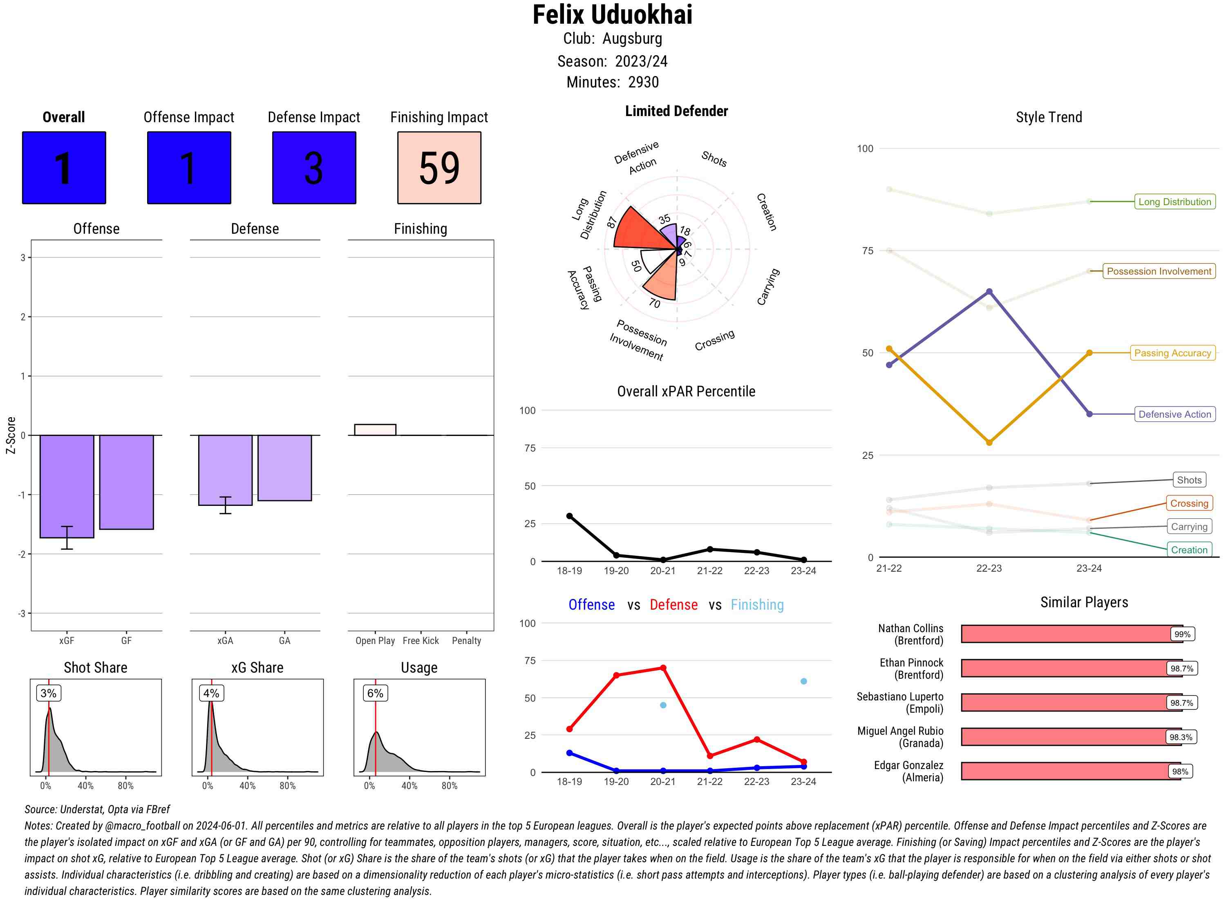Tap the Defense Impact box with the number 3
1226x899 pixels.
point(314,168)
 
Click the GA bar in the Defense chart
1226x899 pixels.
point(284,467)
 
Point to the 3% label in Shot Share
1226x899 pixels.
point(49,693)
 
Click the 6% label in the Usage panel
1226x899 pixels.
point(375,693)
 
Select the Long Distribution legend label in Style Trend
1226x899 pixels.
point(1175,202)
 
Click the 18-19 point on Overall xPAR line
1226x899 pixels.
point(569,516)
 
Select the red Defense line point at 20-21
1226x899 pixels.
point(663,668)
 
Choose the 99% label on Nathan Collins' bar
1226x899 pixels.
point(1182,634)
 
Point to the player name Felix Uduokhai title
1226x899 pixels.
point(612,15)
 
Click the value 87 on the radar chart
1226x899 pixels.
point(612,222)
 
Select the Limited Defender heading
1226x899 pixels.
point(676,111)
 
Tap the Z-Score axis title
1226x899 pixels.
point(10,435)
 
